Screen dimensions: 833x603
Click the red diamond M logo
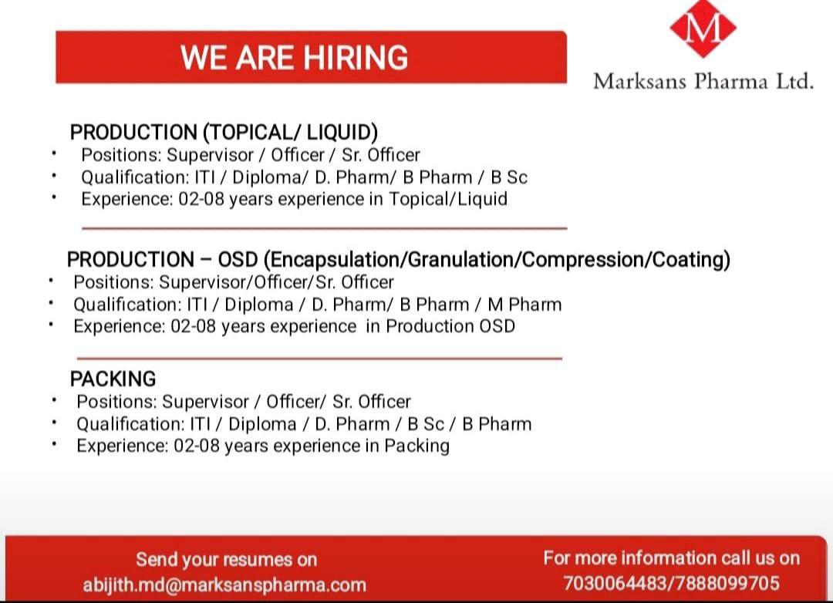click(x=703, y=27)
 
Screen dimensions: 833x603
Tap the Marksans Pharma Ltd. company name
click(x=703, y=81)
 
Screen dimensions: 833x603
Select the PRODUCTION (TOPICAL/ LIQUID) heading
click(x=224, y=133)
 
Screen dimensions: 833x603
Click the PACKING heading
click(x=113, y=379)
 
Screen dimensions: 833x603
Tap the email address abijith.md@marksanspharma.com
click(x=224, y=585)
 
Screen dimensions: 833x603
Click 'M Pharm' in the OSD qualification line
click(x=524, y=305)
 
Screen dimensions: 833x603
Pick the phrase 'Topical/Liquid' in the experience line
click(x=448, y=199)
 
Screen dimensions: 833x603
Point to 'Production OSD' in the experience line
click(x=450, y=326)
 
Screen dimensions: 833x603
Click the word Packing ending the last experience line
click(x=417, y=446)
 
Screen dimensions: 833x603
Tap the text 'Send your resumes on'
click(x=226, y=560)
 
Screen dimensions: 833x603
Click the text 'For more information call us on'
click(x=672, y=558)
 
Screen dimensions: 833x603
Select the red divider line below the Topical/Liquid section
click(x=325, y=228)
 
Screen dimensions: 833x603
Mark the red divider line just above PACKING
click(x=319, y=359)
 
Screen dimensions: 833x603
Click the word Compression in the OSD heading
click(x=584, y=259)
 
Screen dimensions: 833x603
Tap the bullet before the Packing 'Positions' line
click(x=54, y=399)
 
